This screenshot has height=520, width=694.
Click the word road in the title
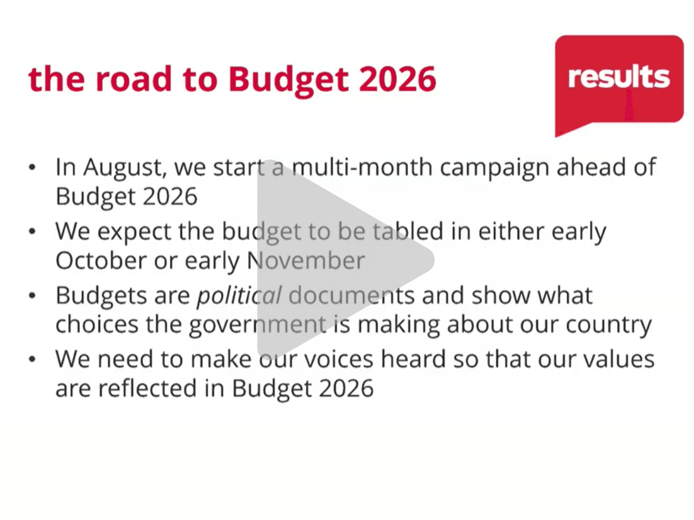[134, 79]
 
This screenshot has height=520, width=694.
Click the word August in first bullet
[125, 168]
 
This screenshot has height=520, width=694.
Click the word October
[101, 261]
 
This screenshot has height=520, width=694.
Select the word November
[306, 261]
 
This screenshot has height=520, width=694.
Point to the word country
[608, 325]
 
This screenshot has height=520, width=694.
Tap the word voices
[339, 359]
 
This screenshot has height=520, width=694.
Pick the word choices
[97, 324]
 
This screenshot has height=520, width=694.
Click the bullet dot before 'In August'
[32, 168]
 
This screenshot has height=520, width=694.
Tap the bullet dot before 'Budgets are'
[32, 296]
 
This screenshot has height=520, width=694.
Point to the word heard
[414, 359]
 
